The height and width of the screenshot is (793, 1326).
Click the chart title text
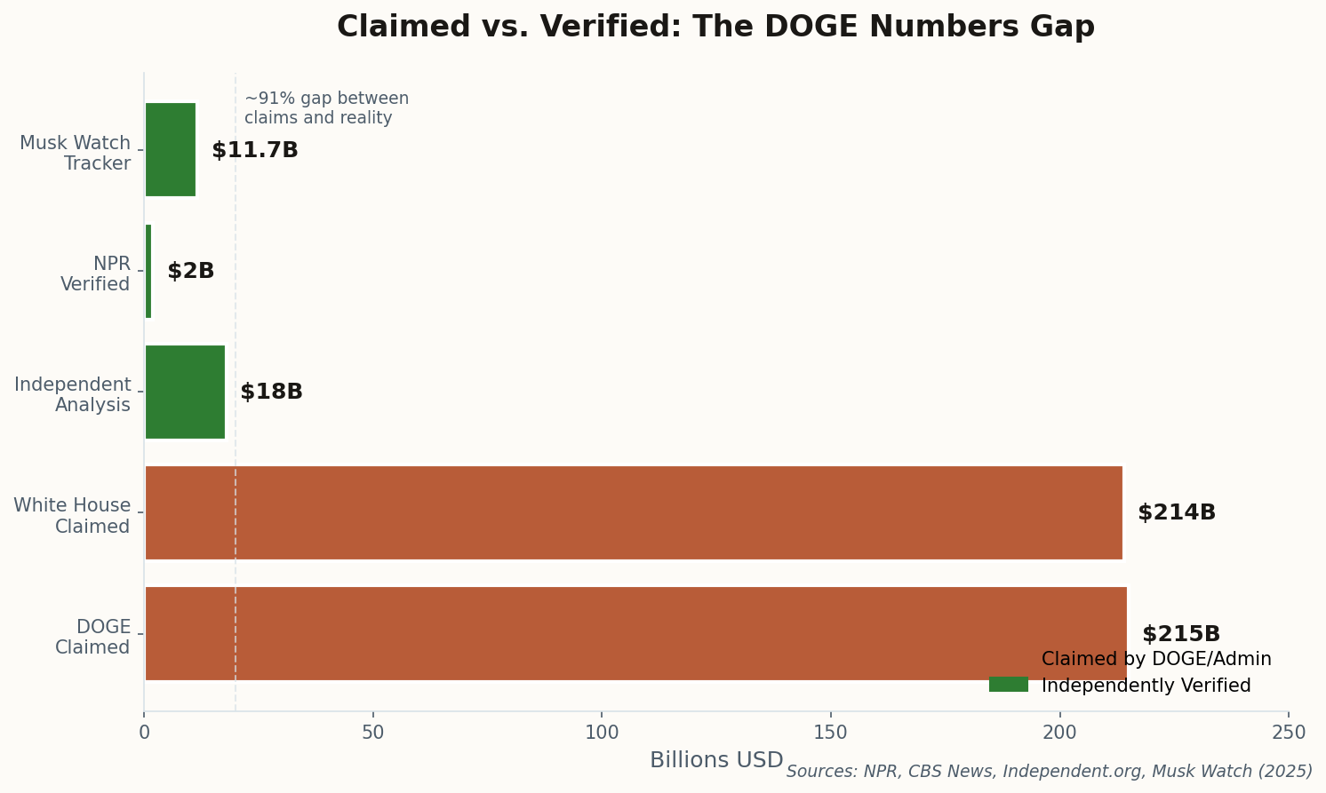[x=715, y=27]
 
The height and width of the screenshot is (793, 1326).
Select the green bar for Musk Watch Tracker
[x=170, y=150]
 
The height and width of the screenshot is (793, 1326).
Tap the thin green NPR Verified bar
[x=148, y=271]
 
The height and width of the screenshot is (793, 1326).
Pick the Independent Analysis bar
[x=185, y=392]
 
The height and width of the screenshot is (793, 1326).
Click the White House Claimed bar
[x=633, y=512]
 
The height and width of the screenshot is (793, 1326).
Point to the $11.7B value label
[x=255, y=151]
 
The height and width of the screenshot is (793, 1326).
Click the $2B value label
[x=191, y=272]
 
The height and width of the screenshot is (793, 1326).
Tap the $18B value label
[x=271, y=393]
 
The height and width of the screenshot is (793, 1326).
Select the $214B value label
[x=1176, y=513]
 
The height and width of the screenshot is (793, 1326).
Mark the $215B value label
[x=1180, y=635]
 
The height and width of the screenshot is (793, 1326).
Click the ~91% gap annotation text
[x=326, y=108]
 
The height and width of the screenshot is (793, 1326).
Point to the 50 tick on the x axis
[x=373, y=734]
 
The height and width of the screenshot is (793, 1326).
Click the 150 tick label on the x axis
[x=830, y=734]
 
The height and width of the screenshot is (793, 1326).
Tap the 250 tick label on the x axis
[x=1288, y=734]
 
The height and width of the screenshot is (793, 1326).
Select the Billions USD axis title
[x=716, y=761]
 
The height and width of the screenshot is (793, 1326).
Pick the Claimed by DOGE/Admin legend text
[x=1156, y=659]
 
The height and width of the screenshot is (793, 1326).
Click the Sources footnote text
[x=1049, y=772]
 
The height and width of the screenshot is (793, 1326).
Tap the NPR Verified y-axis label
[x=95, y=274]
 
